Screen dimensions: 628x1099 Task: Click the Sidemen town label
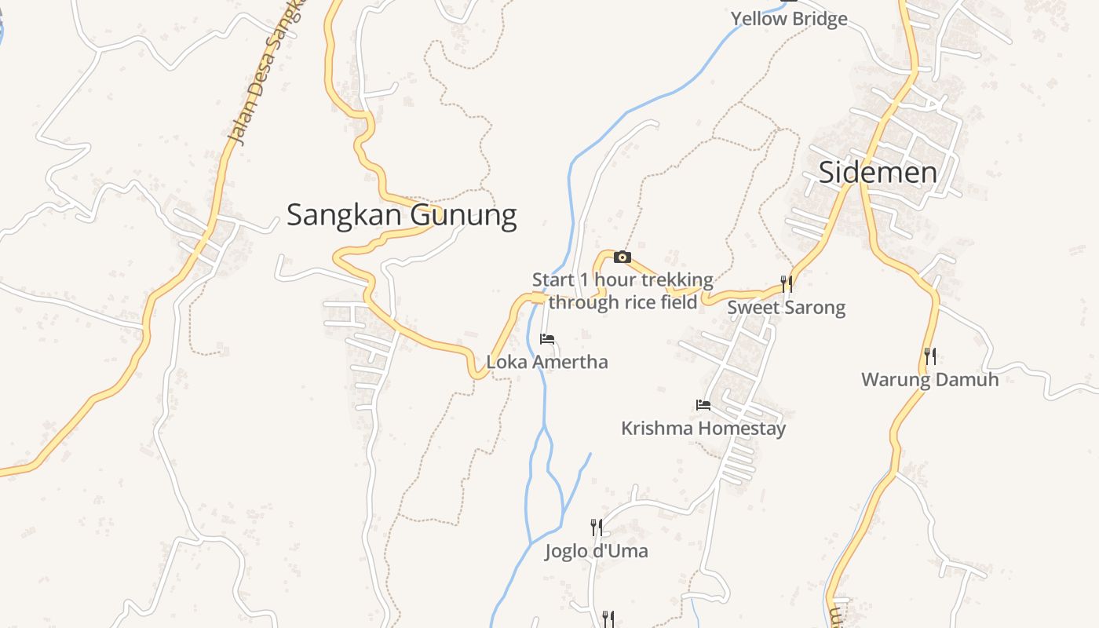tap(878, 173)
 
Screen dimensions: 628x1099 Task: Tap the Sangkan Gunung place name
tap(401, 214)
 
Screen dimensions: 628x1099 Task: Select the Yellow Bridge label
tap(789, 18)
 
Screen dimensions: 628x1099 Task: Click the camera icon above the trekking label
tap(622, 257)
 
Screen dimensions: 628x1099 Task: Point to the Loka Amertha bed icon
tap(547, 339)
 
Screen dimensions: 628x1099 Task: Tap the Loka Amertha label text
tap(547, 362)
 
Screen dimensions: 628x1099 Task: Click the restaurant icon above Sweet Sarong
tap(786, 283)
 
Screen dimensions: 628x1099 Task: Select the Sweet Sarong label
tap(786, 307)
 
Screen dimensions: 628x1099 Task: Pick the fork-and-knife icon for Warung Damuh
tap(929, 356)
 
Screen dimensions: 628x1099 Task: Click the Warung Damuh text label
tap(929, 380)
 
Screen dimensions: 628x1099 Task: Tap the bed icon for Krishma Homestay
tap(703, 405)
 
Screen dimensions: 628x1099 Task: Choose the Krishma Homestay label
tap(703, 429)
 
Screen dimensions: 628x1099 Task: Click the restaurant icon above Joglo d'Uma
tap(597, 527)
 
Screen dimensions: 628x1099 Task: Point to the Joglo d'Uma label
tap(597, 551)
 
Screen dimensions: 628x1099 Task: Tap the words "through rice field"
tap(623, 302)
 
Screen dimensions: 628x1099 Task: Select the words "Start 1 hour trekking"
tap(623, 279)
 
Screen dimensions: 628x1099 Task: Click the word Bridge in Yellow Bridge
tap(820, 18)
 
